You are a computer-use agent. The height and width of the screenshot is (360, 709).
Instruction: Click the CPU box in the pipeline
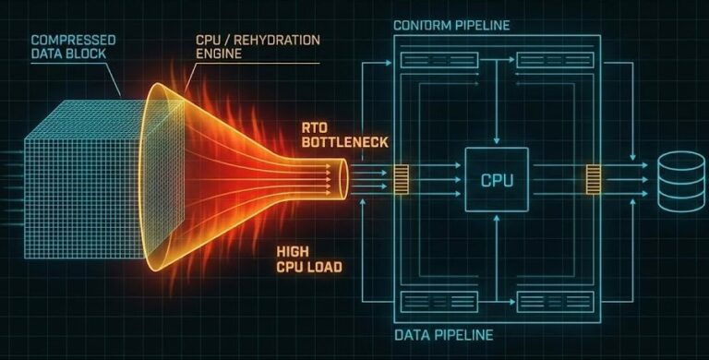pos(497,178)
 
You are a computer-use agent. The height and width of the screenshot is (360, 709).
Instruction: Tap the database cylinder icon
pos(680,181)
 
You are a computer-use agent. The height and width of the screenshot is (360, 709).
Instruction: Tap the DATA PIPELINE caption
pos(444,334)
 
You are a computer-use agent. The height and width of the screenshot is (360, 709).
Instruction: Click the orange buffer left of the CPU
pos(402,178)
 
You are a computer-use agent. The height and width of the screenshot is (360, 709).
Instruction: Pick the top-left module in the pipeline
pos(439,61)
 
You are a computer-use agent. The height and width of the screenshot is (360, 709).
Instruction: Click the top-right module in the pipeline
pos(554,61)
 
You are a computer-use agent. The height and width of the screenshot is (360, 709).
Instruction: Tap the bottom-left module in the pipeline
pos(439,300)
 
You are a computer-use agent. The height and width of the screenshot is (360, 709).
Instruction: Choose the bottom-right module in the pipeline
pos(554,300)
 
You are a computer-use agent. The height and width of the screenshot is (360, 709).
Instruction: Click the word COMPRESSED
pos(67,41)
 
